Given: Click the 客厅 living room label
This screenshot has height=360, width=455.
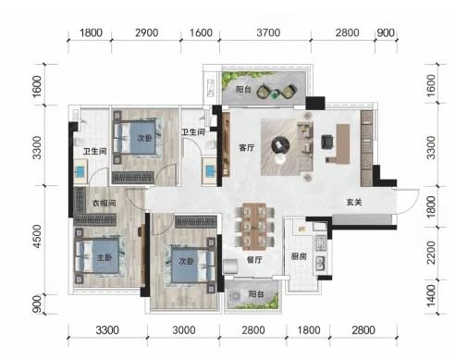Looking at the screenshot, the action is pos(247,148).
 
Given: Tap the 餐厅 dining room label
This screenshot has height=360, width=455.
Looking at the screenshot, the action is pos(254,260).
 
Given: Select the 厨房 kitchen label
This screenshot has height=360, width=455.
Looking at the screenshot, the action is pos(299,256).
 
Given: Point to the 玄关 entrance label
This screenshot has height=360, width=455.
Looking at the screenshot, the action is pos(354,203).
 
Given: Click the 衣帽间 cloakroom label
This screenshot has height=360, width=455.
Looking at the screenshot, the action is pos(105,204).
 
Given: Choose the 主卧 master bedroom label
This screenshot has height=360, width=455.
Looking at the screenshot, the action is pos(105,257).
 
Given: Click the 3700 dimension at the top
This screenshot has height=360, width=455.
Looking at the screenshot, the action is pos(268,32).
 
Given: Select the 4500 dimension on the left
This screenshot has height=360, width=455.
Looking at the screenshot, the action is pos(37,236).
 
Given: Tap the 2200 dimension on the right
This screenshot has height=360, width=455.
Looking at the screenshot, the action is pos(432,253).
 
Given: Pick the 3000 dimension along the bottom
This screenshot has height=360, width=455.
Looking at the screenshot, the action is pos(184,330).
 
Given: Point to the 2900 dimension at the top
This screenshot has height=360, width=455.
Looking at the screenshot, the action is pos(147,32).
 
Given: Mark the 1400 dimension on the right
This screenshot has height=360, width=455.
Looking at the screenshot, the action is pos(432,295).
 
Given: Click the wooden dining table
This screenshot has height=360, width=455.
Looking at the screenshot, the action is pos(254,227).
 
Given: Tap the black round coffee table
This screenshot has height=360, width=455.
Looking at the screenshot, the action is pos(280,145).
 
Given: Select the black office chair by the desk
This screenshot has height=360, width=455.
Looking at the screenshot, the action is pos(327,143).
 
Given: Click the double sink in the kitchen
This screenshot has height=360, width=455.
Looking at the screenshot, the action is pos(320,264).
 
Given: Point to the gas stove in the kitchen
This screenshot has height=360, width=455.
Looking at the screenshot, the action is pos(320,242).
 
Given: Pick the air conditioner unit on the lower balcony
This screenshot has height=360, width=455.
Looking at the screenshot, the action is pos(235,296).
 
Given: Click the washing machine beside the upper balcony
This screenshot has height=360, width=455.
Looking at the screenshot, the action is pos(211,88).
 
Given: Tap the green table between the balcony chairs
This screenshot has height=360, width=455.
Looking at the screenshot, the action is pos(276,94).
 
